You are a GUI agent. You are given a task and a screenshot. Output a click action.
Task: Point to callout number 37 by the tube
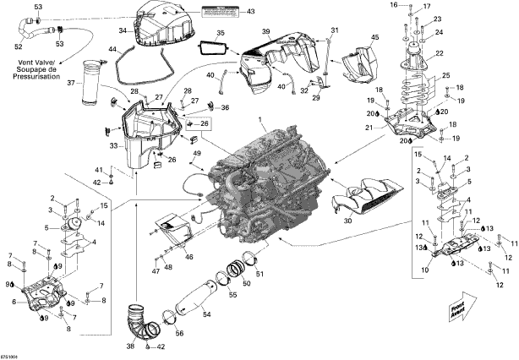coord(72,83)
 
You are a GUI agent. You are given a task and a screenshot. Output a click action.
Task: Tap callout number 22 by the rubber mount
coord(440,53)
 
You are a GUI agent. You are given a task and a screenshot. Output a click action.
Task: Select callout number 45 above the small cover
coord(375,37)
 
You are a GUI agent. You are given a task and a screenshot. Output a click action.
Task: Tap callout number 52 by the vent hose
coord(18,46)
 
